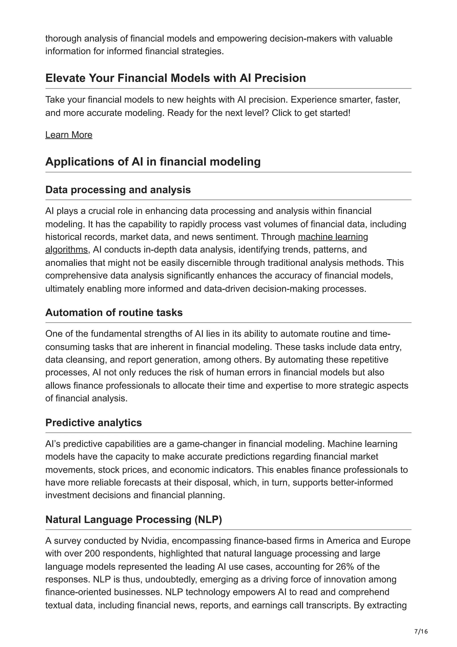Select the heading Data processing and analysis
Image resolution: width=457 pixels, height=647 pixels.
coord(118,190)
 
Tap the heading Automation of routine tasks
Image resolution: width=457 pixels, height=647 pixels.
coord(114,313)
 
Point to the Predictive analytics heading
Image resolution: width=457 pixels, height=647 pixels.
coord(93,423)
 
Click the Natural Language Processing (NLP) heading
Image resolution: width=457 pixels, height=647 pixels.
coord(133,520)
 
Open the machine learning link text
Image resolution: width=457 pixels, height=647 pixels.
coord(333,237)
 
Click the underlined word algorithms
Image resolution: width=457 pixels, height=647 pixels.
coord(66,250)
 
